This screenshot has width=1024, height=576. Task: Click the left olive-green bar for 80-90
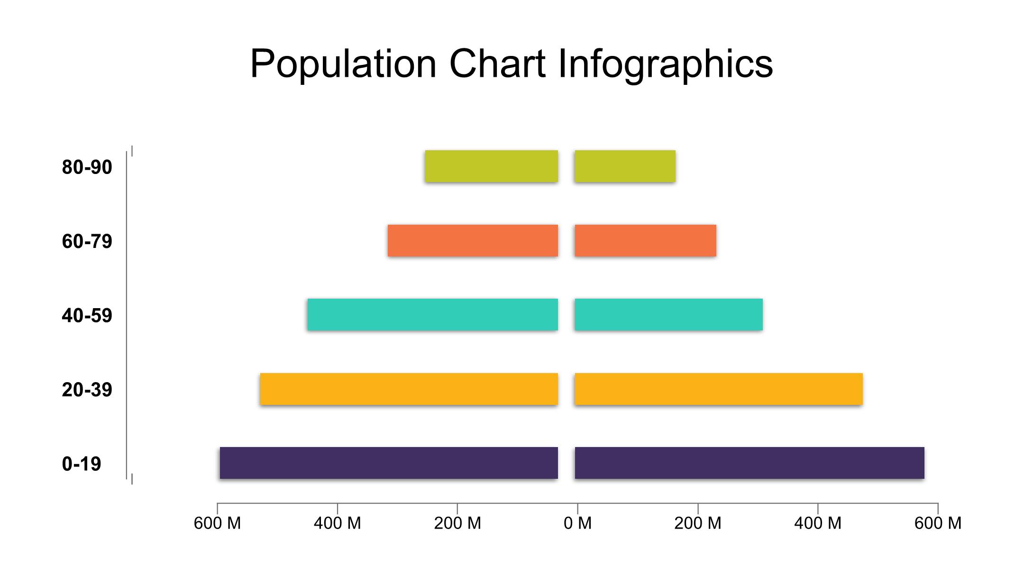point(491,166)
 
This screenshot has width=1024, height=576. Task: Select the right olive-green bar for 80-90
point(625,166)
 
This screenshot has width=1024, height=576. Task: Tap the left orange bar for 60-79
point(473,240)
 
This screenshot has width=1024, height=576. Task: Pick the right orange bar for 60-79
point(645,240)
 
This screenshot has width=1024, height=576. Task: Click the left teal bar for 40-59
point(432,314)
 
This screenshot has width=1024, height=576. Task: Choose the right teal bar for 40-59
point(668,314)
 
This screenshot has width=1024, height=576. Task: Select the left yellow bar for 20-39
point(409,389)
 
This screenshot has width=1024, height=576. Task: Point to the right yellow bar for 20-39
point(718,389)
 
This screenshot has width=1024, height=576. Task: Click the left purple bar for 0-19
point(389,463)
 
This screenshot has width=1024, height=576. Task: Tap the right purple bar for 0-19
point(749,463)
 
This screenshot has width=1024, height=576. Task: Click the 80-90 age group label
point(87,167)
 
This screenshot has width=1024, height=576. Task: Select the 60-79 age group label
point(87,241)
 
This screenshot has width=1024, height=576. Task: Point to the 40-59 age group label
point(87,316)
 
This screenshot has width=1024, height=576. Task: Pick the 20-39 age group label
point(87,390)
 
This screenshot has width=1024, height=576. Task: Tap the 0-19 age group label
point(82,464)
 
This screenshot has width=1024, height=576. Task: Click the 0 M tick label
point(577,523)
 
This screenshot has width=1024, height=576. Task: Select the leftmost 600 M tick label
point(218,523)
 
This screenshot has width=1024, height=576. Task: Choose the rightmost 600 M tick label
point(938,523)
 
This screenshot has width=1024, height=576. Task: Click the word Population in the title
point(343,64)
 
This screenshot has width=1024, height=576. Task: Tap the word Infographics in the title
point(665,64)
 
